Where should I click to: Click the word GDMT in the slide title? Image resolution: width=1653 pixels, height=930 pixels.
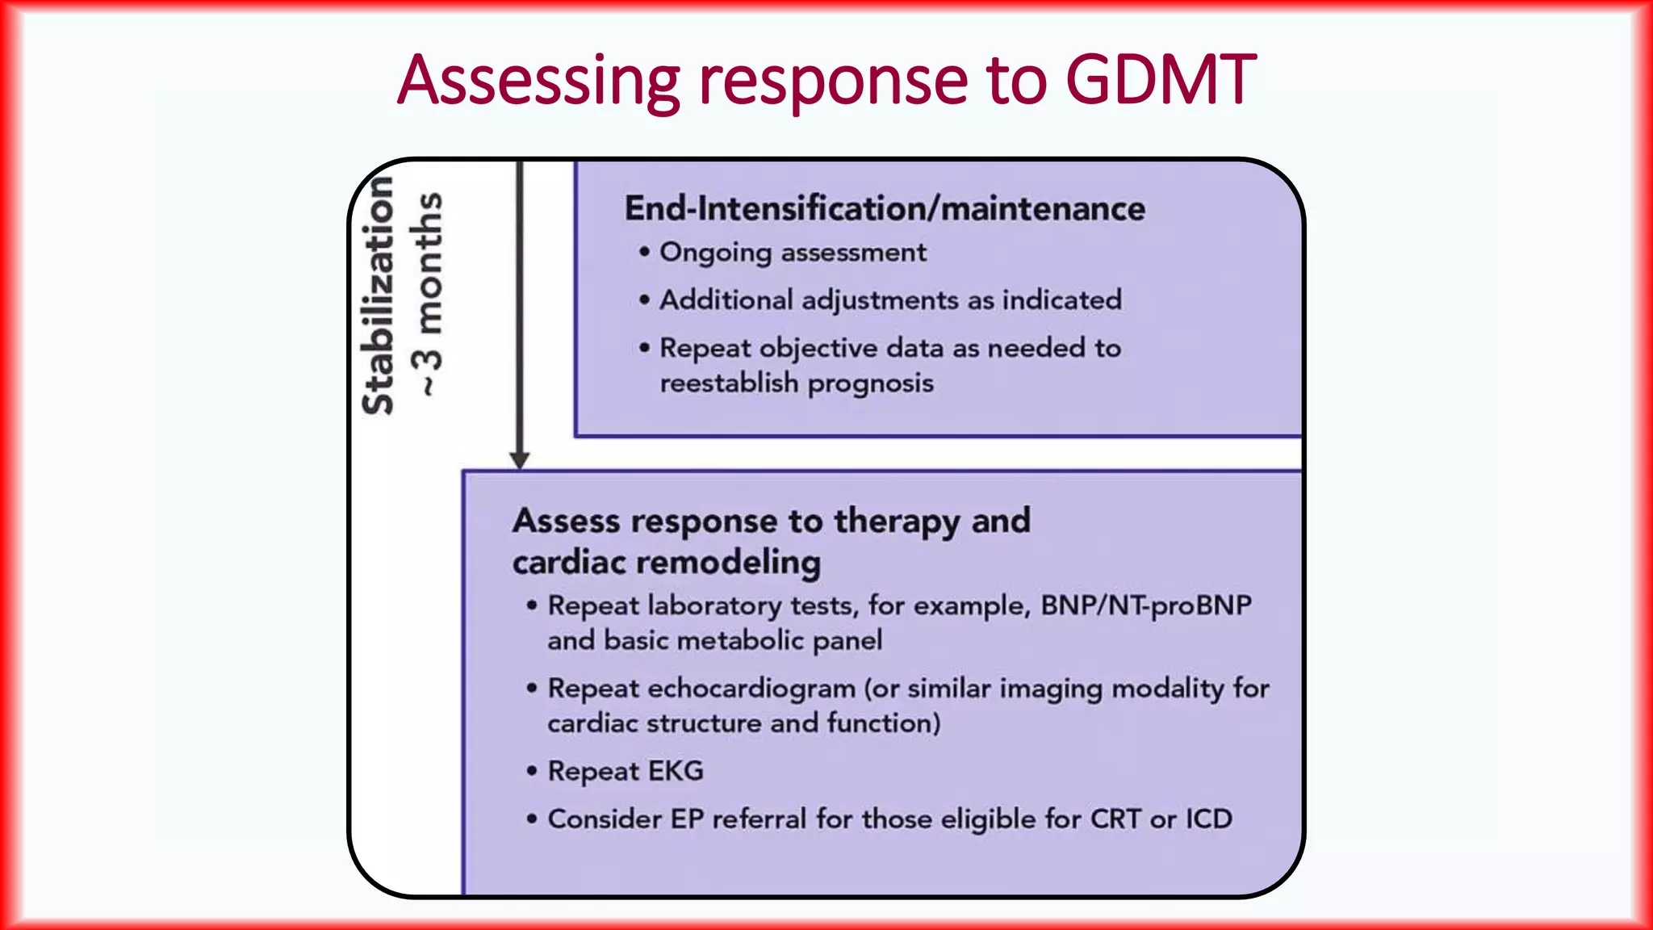tap(1160, 80)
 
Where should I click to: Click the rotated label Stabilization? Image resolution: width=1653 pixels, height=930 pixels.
tap(378, 295)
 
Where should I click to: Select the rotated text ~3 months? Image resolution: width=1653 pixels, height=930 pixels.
tap(429, 294)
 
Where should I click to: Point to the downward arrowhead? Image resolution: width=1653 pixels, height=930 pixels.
tap(520, 460)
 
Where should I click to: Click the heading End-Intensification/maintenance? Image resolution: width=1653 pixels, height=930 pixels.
tap(885, 208)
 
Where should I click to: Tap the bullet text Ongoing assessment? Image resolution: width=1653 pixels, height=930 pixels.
tap(793, 253)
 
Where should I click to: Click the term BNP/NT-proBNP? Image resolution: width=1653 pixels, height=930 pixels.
tap(1145, 605)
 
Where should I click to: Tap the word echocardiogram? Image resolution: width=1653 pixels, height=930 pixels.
tap(751, 689)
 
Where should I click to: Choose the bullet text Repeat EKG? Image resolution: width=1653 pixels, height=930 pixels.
tap(626, 771)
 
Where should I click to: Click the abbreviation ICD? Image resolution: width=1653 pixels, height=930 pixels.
tap(1207, 819)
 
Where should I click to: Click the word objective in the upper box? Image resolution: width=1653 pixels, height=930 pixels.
tap(818, 349)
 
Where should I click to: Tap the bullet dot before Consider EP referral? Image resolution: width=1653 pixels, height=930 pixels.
tap(531, 819)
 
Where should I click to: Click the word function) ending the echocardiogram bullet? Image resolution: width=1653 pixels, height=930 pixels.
tap(884, 723)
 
